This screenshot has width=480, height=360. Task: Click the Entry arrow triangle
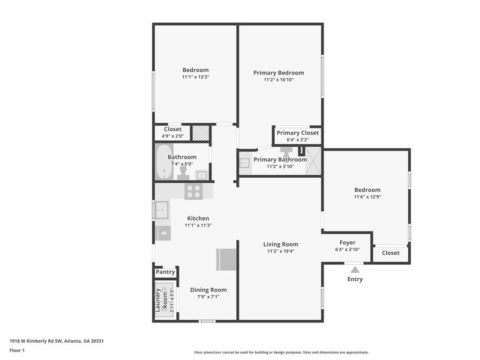pos(355,270)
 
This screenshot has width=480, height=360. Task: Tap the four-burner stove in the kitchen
pos(194,191)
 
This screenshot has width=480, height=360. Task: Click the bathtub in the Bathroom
pos(164,162)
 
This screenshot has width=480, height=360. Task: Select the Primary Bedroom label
pos(278,73)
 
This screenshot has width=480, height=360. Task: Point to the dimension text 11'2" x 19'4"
pos(281,251)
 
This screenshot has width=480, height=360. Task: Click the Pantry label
pos(165,272)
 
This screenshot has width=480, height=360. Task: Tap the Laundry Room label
pos(161,300)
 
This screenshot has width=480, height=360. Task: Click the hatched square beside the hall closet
pos(201,133)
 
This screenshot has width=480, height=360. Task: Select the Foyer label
pos(347,242)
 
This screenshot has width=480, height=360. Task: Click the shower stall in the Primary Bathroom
pos(313,161)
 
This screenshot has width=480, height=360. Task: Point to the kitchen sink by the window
pos(162,210)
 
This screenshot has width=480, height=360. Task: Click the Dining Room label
pos(209,290)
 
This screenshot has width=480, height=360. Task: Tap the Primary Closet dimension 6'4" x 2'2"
pos(298,140)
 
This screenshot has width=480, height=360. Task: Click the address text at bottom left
pos(57,341)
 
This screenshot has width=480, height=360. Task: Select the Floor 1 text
pos(17,351)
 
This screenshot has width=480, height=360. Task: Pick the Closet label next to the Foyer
pos(390,253)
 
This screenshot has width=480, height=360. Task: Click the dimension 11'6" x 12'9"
pos(367,197)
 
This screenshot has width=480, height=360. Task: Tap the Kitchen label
pos(198,218)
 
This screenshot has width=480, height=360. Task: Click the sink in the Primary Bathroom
pos(244,163)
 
